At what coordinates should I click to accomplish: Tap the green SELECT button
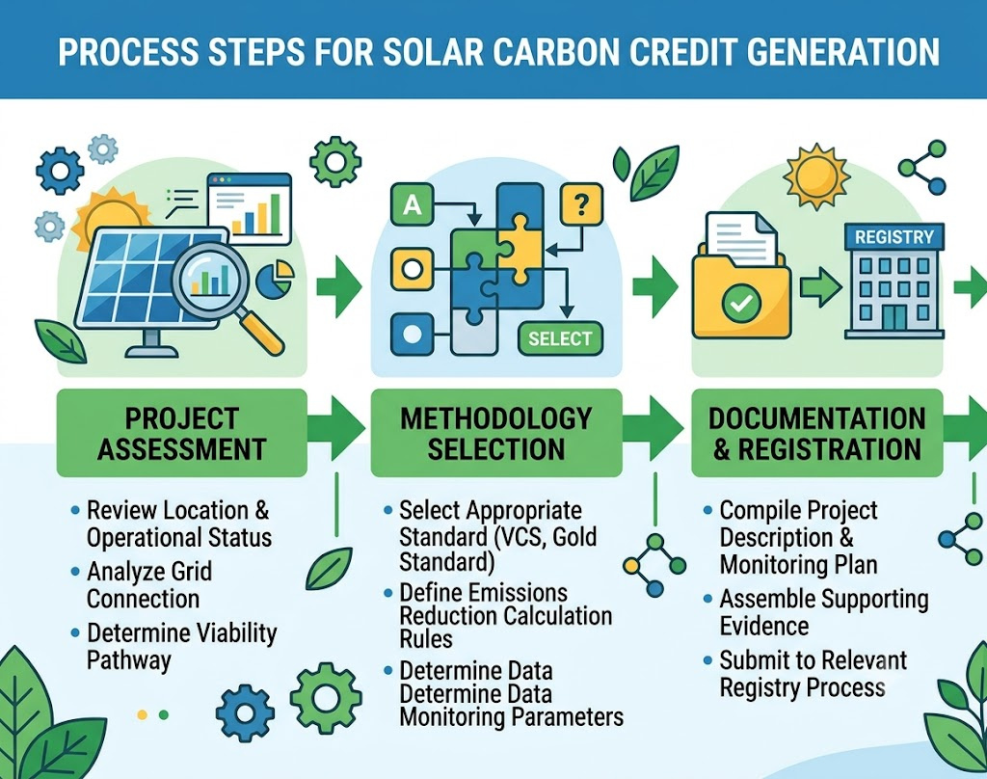(x=560, y=338)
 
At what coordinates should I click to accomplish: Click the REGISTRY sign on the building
(x=894, y=237)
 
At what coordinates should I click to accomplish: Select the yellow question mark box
(x=581, y=203)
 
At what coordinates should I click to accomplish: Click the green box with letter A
(x=413, y=204)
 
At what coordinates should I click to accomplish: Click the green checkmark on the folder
(x=741, y=304)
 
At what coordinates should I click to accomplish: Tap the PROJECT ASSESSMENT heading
(x=182, y=434)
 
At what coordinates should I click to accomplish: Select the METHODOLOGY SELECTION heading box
(x=496, y=433)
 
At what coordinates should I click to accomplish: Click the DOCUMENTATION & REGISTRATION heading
(x=817, y=434)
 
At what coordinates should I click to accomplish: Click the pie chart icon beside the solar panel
(x=276, y=281)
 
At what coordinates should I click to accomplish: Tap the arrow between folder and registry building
(x=821, y=287)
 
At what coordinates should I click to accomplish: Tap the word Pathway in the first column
(x=129, y=660)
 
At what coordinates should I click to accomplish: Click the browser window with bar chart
(x=250, y=209)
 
